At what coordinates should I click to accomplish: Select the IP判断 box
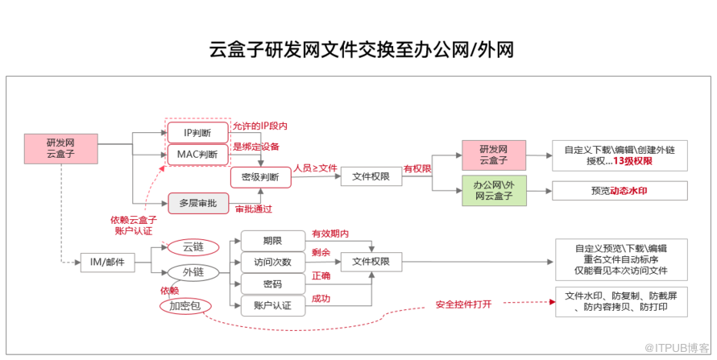click(197, 131)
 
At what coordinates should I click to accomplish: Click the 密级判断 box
click(261, 176)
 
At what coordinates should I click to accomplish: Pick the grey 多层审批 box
click(197, 202)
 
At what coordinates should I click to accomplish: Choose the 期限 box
click(272, 240)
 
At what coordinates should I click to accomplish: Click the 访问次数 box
click(272, 262)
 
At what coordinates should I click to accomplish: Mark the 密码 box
click(272, 283)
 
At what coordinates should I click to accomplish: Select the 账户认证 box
click(272, 305)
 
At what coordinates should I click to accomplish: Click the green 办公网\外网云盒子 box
click(493, 191)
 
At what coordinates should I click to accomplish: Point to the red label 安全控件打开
click(463, 304)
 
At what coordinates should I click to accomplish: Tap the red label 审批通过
click(253, 209)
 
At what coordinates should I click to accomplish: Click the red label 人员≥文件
click(315, 168)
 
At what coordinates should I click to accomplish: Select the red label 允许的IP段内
click(260, 126)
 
